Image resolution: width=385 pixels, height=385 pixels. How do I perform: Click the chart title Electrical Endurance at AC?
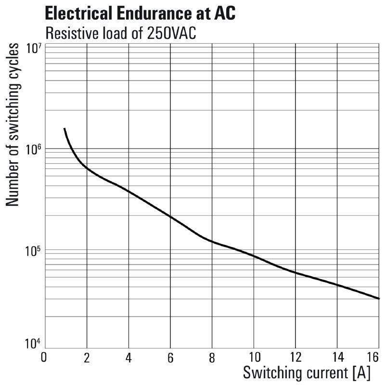click(140, 13)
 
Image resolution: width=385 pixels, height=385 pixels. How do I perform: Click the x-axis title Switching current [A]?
click(307, 372)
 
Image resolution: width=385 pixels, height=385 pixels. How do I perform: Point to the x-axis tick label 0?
click(44, 358)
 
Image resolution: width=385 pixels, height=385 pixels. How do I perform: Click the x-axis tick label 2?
click(87, 358)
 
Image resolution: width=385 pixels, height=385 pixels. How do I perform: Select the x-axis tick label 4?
click(128, 358)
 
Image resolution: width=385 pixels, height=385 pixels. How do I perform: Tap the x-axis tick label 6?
click(170, 358)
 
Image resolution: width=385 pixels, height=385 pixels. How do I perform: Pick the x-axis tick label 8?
click(212, 358)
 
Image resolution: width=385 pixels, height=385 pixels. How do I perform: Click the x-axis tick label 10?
click(254, 358)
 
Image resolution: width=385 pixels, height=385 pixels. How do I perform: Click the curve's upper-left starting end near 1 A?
click(64, 129)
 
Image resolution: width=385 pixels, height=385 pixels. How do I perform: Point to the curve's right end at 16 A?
click(379, 298)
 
